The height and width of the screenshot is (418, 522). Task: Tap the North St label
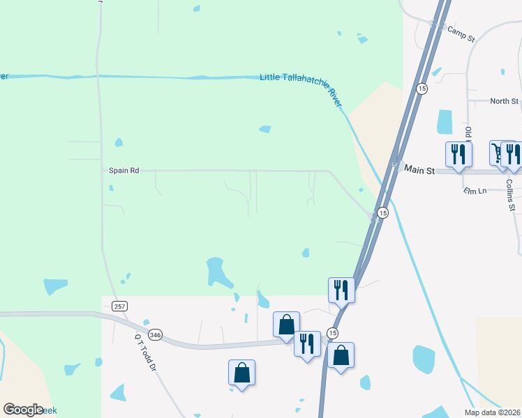(504, 101)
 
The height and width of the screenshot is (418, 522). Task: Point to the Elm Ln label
(474, 190)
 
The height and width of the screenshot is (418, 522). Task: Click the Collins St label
(511, 194)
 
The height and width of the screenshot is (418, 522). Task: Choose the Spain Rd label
(124, 170)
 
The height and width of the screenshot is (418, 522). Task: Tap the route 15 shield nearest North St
(422, 88)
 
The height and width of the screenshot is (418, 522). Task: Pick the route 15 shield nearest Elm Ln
(382, 212)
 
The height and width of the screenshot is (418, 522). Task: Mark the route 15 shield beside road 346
(333, 333)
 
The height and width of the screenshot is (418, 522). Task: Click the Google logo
(23, 410)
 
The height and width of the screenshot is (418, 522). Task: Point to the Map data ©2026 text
(493, 412)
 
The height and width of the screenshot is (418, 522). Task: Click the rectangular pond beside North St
(445, 122)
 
